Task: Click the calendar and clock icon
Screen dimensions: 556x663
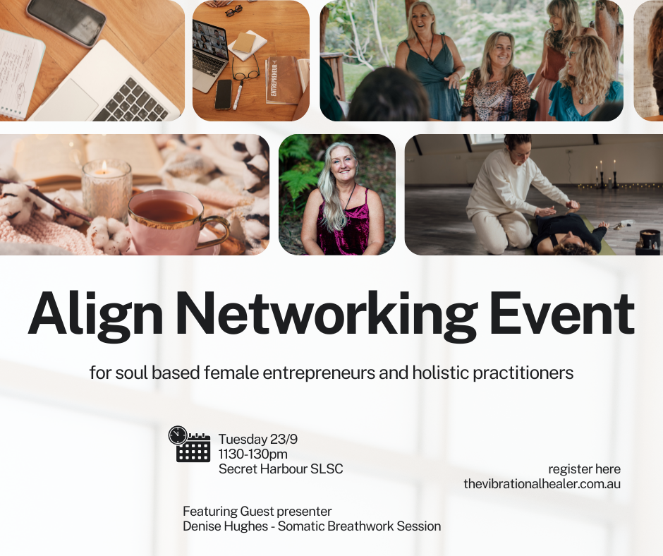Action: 190,445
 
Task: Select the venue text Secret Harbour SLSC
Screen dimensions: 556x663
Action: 281,469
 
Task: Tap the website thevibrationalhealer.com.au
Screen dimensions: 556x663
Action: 542,484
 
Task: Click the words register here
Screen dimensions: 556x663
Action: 584,469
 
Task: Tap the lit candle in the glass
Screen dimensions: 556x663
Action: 106,185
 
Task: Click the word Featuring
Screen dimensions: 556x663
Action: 209,511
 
